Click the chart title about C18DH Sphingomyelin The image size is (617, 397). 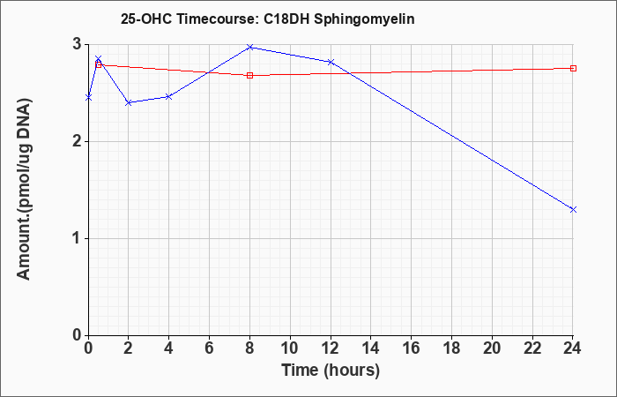point(268,19)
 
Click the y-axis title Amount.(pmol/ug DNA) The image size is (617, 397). point(25,190)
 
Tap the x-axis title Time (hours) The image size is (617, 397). point(331,371)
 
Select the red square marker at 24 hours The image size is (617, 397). point(573,68)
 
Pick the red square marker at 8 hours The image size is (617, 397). point(249,75)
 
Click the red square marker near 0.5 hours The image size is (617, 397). point(99,64)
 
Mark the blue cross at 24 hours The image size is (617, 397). point(573,210)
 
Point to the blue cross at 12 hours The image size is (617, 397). point(331,62)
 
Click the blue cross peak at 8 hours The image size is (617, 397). point(249,47)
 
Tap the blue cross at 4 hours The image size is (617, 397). point(169,96)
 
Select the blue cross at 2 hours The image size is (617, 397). point(129,102)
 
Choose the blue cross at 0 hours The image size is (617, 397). point(88,97)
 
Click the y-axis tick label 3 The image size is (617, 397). point(78,45)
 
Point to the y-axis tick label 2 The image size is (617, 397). point(78,142)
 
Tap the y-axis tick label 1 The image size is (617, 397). point(78,239)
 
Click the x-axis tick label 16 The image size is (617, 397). point(412,348)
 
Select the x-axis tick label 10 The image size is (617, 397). point(290,348)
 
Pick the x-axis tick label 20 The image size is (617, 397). point(492,348)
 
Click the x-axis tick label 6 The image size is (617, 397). point(209,348)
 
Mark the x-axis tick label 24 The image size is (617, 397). point(573,348)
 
